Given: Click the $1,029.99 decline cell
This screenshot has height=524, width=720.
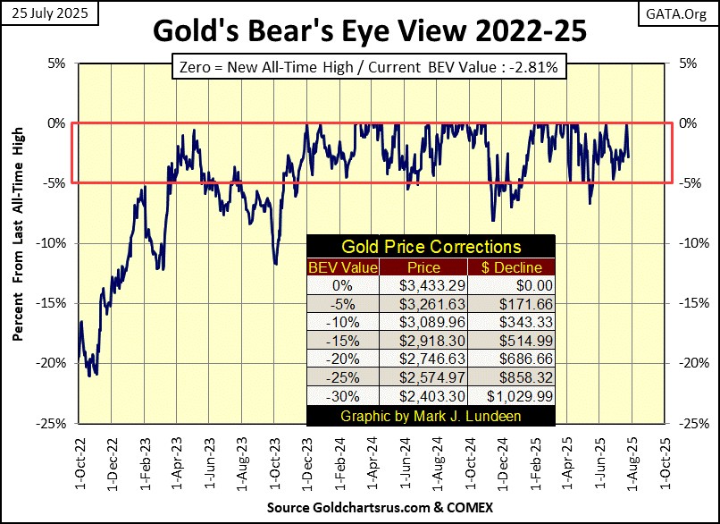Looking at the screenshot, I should [511, 398].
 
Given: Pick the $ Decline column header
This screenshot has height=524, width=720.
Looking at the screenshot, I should [511, 266].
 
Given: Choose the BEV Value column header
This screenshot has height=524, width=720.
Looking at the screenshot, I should [343, 266].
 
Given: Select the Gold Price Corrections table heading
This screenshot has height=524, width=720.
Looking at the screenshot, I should [431, 247].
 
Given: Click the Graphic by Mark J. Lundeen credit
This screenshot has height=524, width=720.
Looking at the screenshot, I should [431, 417].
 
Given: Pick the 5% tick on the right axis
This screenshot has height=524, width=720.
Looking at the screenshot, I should [691, 63].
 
